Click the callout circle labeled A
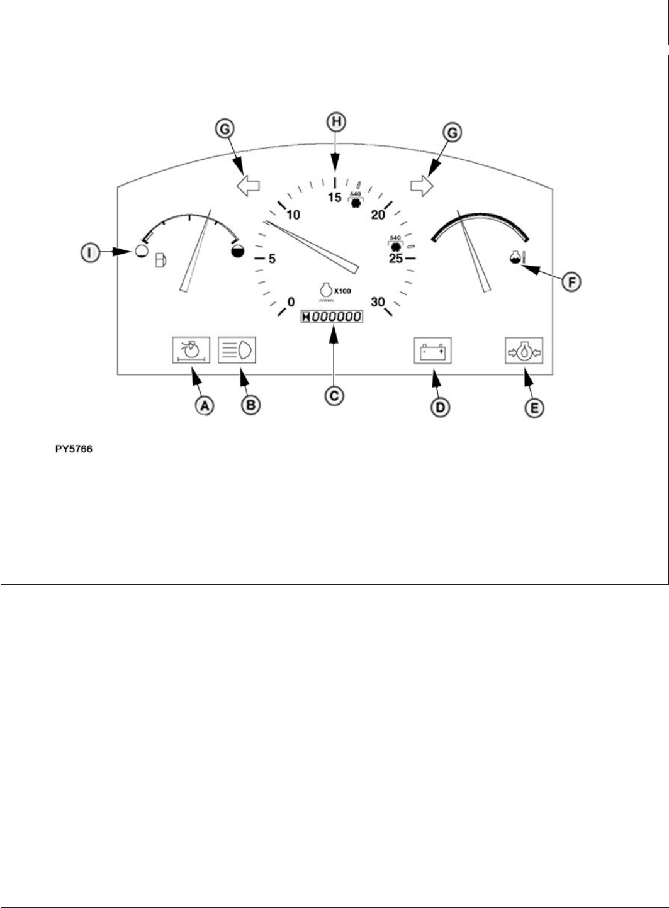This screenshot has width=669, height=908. click(203, 406)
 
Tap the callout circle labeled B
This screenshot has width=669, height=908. click(250, 405)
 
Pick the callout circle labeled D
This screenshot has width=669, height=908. click(439, 407)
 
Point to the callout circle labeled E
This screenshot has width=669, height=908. click(534, 408)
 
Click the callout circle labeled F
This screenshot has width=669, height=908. click(571, 282)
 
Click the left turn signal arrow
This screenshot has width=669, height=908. click(249, 186)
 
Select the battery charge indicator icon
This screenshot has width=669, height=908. click(432, 350)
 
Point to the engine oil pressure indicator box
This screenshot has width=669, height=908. click(524, 350)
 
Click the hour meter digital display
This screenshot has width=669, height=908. click(332, 317)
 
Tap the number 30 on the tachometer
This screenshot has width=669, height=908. click(378, 302)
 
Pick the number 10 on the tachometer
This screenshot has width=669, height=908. click(293, 215)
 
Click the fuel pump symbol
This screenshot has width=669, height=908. click(160, 259)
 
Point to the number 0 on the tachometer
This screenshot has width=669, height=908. click(291, 303)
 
